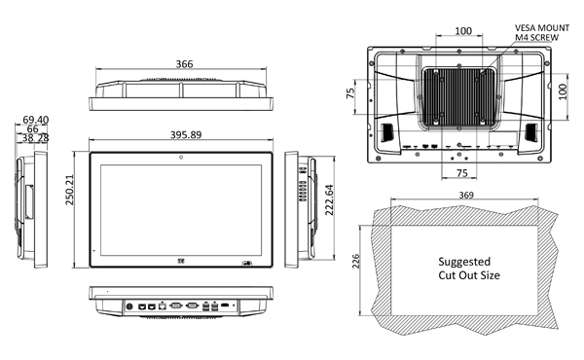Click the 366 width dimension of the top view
click(183, 64)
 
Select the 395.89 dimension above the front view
click(183, 135)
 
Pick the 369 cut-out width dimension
click(468, 197)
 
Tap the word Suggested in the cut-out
click(464, 262)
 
